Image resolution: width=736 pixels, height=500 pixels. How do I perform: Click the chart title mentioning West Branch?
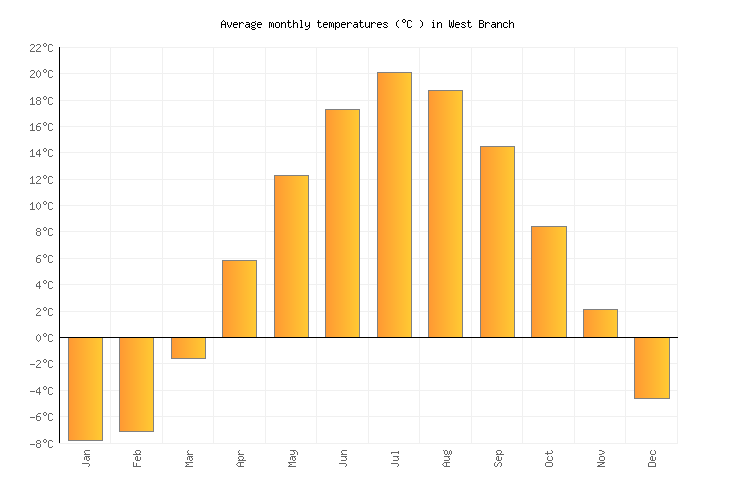(367, 24)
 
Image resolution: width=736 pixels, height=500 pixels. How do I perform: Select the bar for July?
(394, 205)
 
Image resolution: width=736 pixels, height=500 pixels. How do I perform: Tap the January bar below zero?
(85, 388)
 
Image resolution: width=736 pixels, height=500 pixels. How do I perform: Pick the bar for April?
(239, 299)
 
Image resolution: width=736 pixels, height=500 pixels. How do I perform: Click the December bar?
(652, 367)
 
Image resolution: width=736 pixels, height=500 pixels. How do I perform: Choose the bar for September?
(497, 242)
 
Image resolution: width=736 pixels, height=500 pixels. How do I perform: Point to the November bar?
(600, 323)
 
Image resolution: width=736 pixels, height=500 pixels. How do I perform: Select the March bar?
(188, 348)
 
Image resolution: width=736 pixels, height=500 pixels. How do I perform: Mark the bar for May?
(291, 256)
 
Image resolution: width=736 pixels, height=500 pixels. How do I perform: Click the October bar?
(548, 282)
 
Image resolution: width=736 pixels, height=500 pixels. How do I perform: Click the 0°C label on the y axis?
(45, 338)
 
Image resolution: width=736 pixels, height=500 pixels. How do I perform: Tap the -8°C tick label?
(42, 443)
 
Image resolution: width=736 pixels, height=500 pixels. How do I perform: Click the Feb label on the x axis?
(137, 458)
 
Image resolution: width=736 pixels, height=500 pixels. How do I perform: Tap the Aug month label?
(446, 458)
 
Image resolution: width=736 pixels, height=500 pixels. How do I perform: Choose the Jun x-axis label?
(343, 458)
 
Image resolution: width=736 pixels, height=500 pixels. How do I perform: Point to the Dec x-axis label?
(652, 458)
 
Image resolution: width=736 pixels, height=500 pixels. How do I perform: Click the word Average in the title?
(242, 24)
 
